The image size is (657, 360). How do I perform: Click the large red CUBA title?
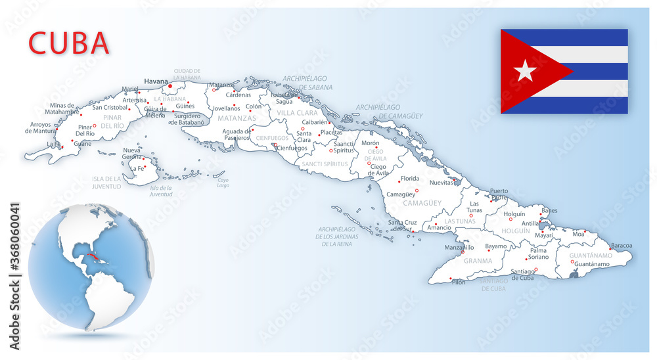click(x=69, y=43)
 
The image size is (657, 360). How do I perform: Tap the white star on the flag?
click(x=525, y=71)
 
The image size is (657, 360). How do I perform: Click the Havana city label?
click(x=156, y=81)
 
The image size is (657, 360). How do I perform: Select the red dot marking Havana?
click(x=170, y=85)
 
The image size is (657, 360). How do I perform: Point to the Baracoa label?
click(x=621, y=246)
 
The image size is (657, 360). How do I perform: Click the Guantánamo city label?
click(x=591, y=264)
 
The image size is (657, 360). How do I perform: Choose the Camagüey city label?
click(x=400, y=194)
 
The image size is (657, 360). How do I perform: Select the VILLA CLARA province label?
click(x=297, y=113)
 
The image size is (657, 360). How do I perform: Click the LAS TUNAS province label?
click(x=460, y=221)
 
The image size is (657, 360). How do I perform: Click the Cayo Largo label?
click(x=223, y=183)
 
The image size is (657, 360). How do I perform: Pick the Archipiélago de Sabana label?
click(x=307, y=82)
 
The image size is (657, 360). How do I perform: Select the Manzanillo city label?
click(x=459, y=248)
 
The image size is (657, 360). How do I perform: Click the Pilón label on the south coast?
click(x=459, y=282)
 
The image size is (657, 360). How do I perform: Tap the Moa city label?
click(x=578, y=234)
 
